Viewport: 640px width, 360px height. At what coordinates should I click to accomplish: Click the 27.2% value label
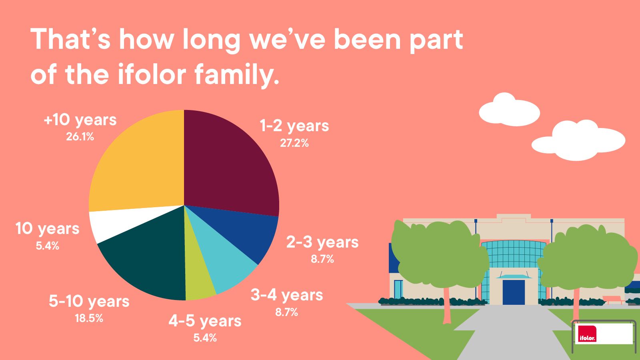click(x=294, y=143)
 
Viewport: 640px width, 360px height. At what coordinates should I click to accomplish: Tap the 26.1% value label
click(x=80, y=137)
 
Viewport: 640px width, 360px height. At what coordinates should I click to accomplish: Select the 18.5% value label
click(x=89, y=318)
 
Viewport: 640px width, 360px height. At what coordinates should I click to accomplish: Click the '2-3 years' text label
click(x=322, y=243)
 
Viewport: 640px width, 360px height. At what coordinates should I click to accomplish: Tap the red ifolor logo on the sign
click(x=586, y=334)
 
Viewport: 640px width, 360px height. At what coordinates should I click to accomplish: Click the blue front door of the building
click(x=514, y=292)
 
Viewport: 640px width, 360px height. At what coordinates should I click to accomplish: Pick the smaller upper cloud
click(x=510, y=110)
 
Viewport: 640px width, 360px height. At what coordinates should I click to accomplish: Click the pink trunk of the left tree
click(x=446, y=305)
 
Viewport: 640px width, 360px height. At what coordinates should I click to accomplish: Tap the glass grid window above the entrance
click(x=514, y=254)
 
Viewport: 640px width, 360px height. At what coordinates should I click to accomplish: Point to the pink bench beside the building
click(x=612, y=300)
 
